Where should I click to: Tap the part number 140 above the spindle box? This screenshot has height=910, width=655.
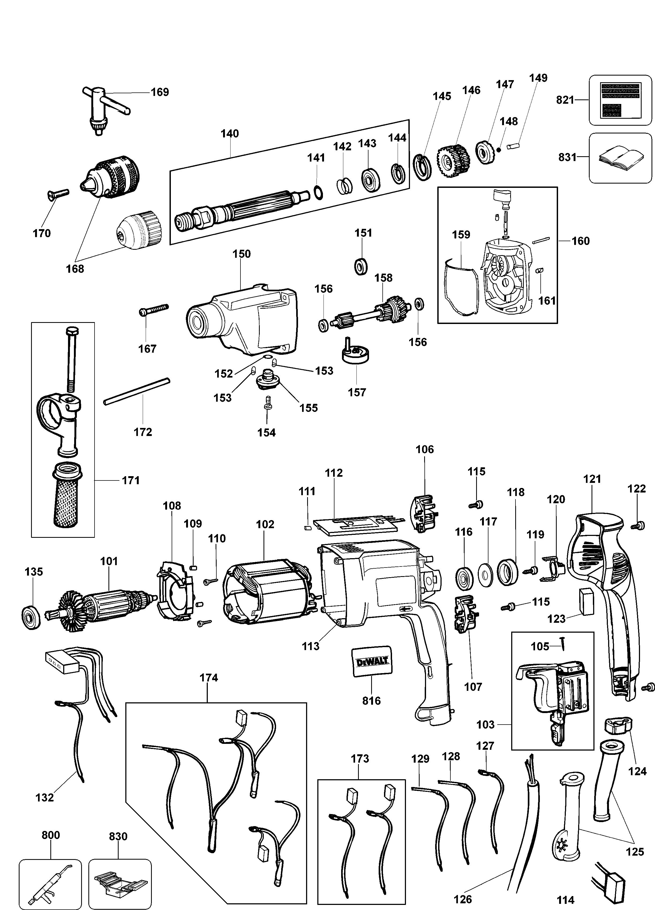(230, 134)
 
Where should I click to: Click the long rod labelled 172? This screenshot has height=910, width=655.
(137, 391)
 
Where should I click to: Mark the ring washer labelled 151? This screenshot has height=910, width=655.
(362, 266)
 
